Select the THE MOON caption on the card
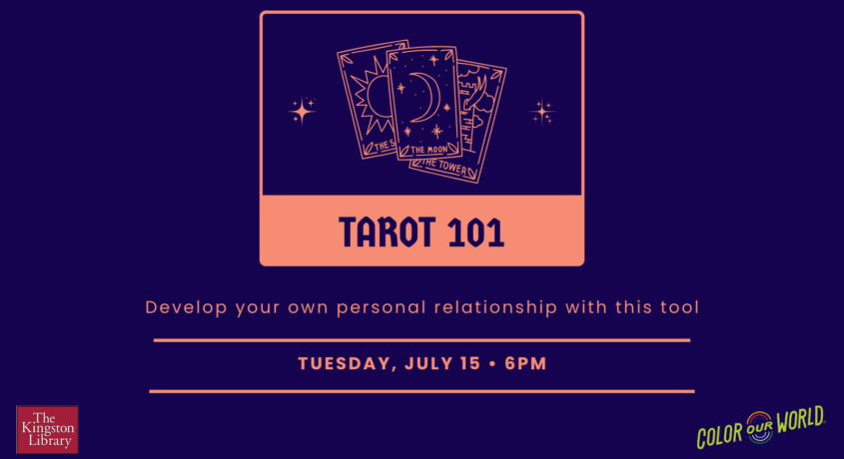[429, 150]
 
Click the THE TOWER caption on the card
[444, 166]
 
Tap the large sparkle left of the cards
[302, 112]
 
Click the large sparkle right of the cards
[541, 113]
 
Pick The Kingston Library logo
[47, 429]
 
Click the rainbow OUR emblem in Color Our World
[759, 427]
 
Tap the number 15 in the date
[469, 364]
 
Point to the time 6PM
[525, 364]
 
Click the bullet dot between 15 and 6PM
[492, 364]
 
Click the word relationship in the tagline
[495, 307]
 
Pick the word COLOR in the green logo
[720, 434]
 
